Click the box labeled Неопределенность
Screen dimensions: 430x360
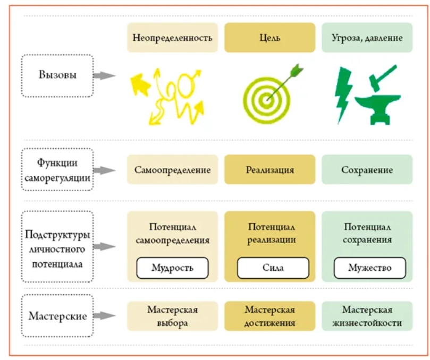[x=172, y=38]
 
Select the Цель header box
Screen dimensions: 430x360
[x=270, y=38]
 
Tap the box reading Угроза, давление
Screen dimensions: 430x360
[x=367, y=38]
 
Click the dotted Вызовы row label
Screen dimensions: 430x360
[x=57, y=75]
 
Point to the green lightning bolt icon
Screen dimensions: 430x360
[x=343, y=95]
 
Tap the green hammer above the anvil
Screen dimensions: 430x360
[x=381, y=78]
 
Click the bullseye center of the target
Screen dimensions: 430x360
[x=266, y=100]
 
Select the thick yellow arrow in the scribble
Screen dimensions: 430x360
[x=140, y=83]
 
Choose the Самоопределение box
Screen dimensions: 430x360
[x=172, y=169]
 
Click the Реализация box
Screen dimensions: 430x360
[x=270, y=169]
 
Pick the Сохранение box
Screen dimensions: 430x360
[x=367, y=169]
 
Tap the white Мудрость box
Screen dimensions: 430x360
[x=172, y=268]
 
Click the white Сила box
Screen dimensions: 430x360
[x=273, y=268]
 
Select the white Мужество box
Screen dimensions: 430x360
[x=369, y=268]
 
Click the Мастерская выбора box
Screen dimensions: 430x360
[x=172, y=316]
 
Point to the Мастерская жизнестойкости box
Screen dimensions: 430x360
[x=367, y=316]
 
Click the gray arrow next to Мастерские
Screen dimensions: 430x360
[x=104, y=315]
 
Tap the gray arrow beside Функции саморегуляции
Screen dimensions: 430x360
[x=104, y=170]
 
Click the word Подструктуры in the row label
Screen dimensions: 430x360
[x=57, y=235]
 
